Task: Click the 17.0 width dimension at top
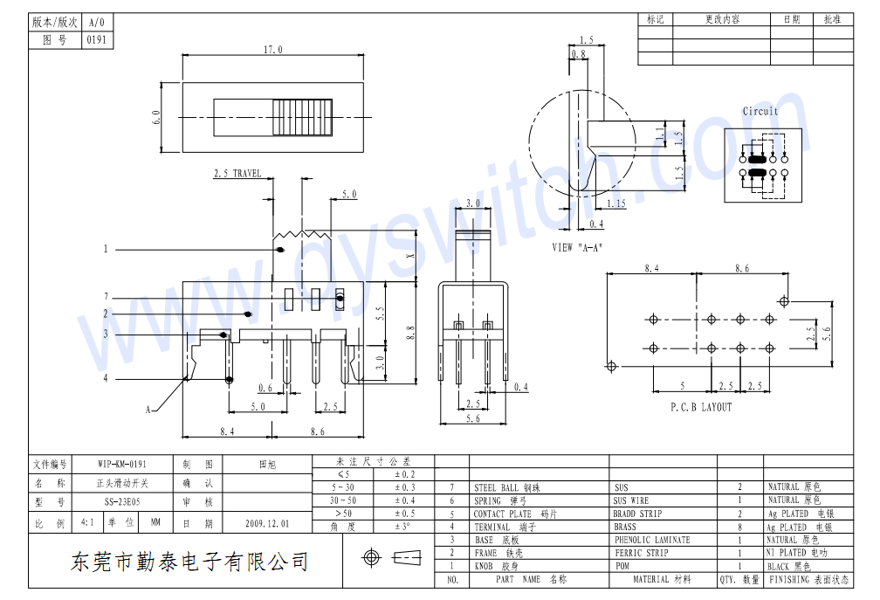pyautogui.click(x=273, y=51)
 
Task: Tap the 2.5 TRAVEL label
pyautogui.click(x=237, y=174)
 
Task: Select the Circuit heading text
pyautogui.click(x=760, y=112)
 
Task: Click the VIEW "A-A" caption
pyautogui.click(x=577, y=248)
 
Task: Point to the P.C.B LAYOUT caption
pyautogui.click(x=701, y=408)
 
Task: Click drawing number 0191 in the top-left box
pyautogui.click(x=96, y=40)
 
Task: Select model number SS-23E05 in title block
pyautogui.click(x=122, y=502)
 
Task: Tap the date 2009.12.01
pyautogui.click(x=267, y=524)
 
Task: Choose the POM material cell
pyautogui.click(x=622, y=566)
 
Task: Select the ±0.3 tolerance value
pyautogui.click(x=404, y=487)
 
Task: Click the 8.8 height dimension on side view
pyautogui.click(x=411, y=332)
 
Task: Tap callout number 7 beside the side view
pyautogui.click(x=106, y=297)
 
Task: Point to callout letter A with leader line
pyautogui.click(x=149, y=409)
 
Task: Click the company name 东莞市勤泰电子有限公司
pyautogui.click(x=189, y=561)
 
